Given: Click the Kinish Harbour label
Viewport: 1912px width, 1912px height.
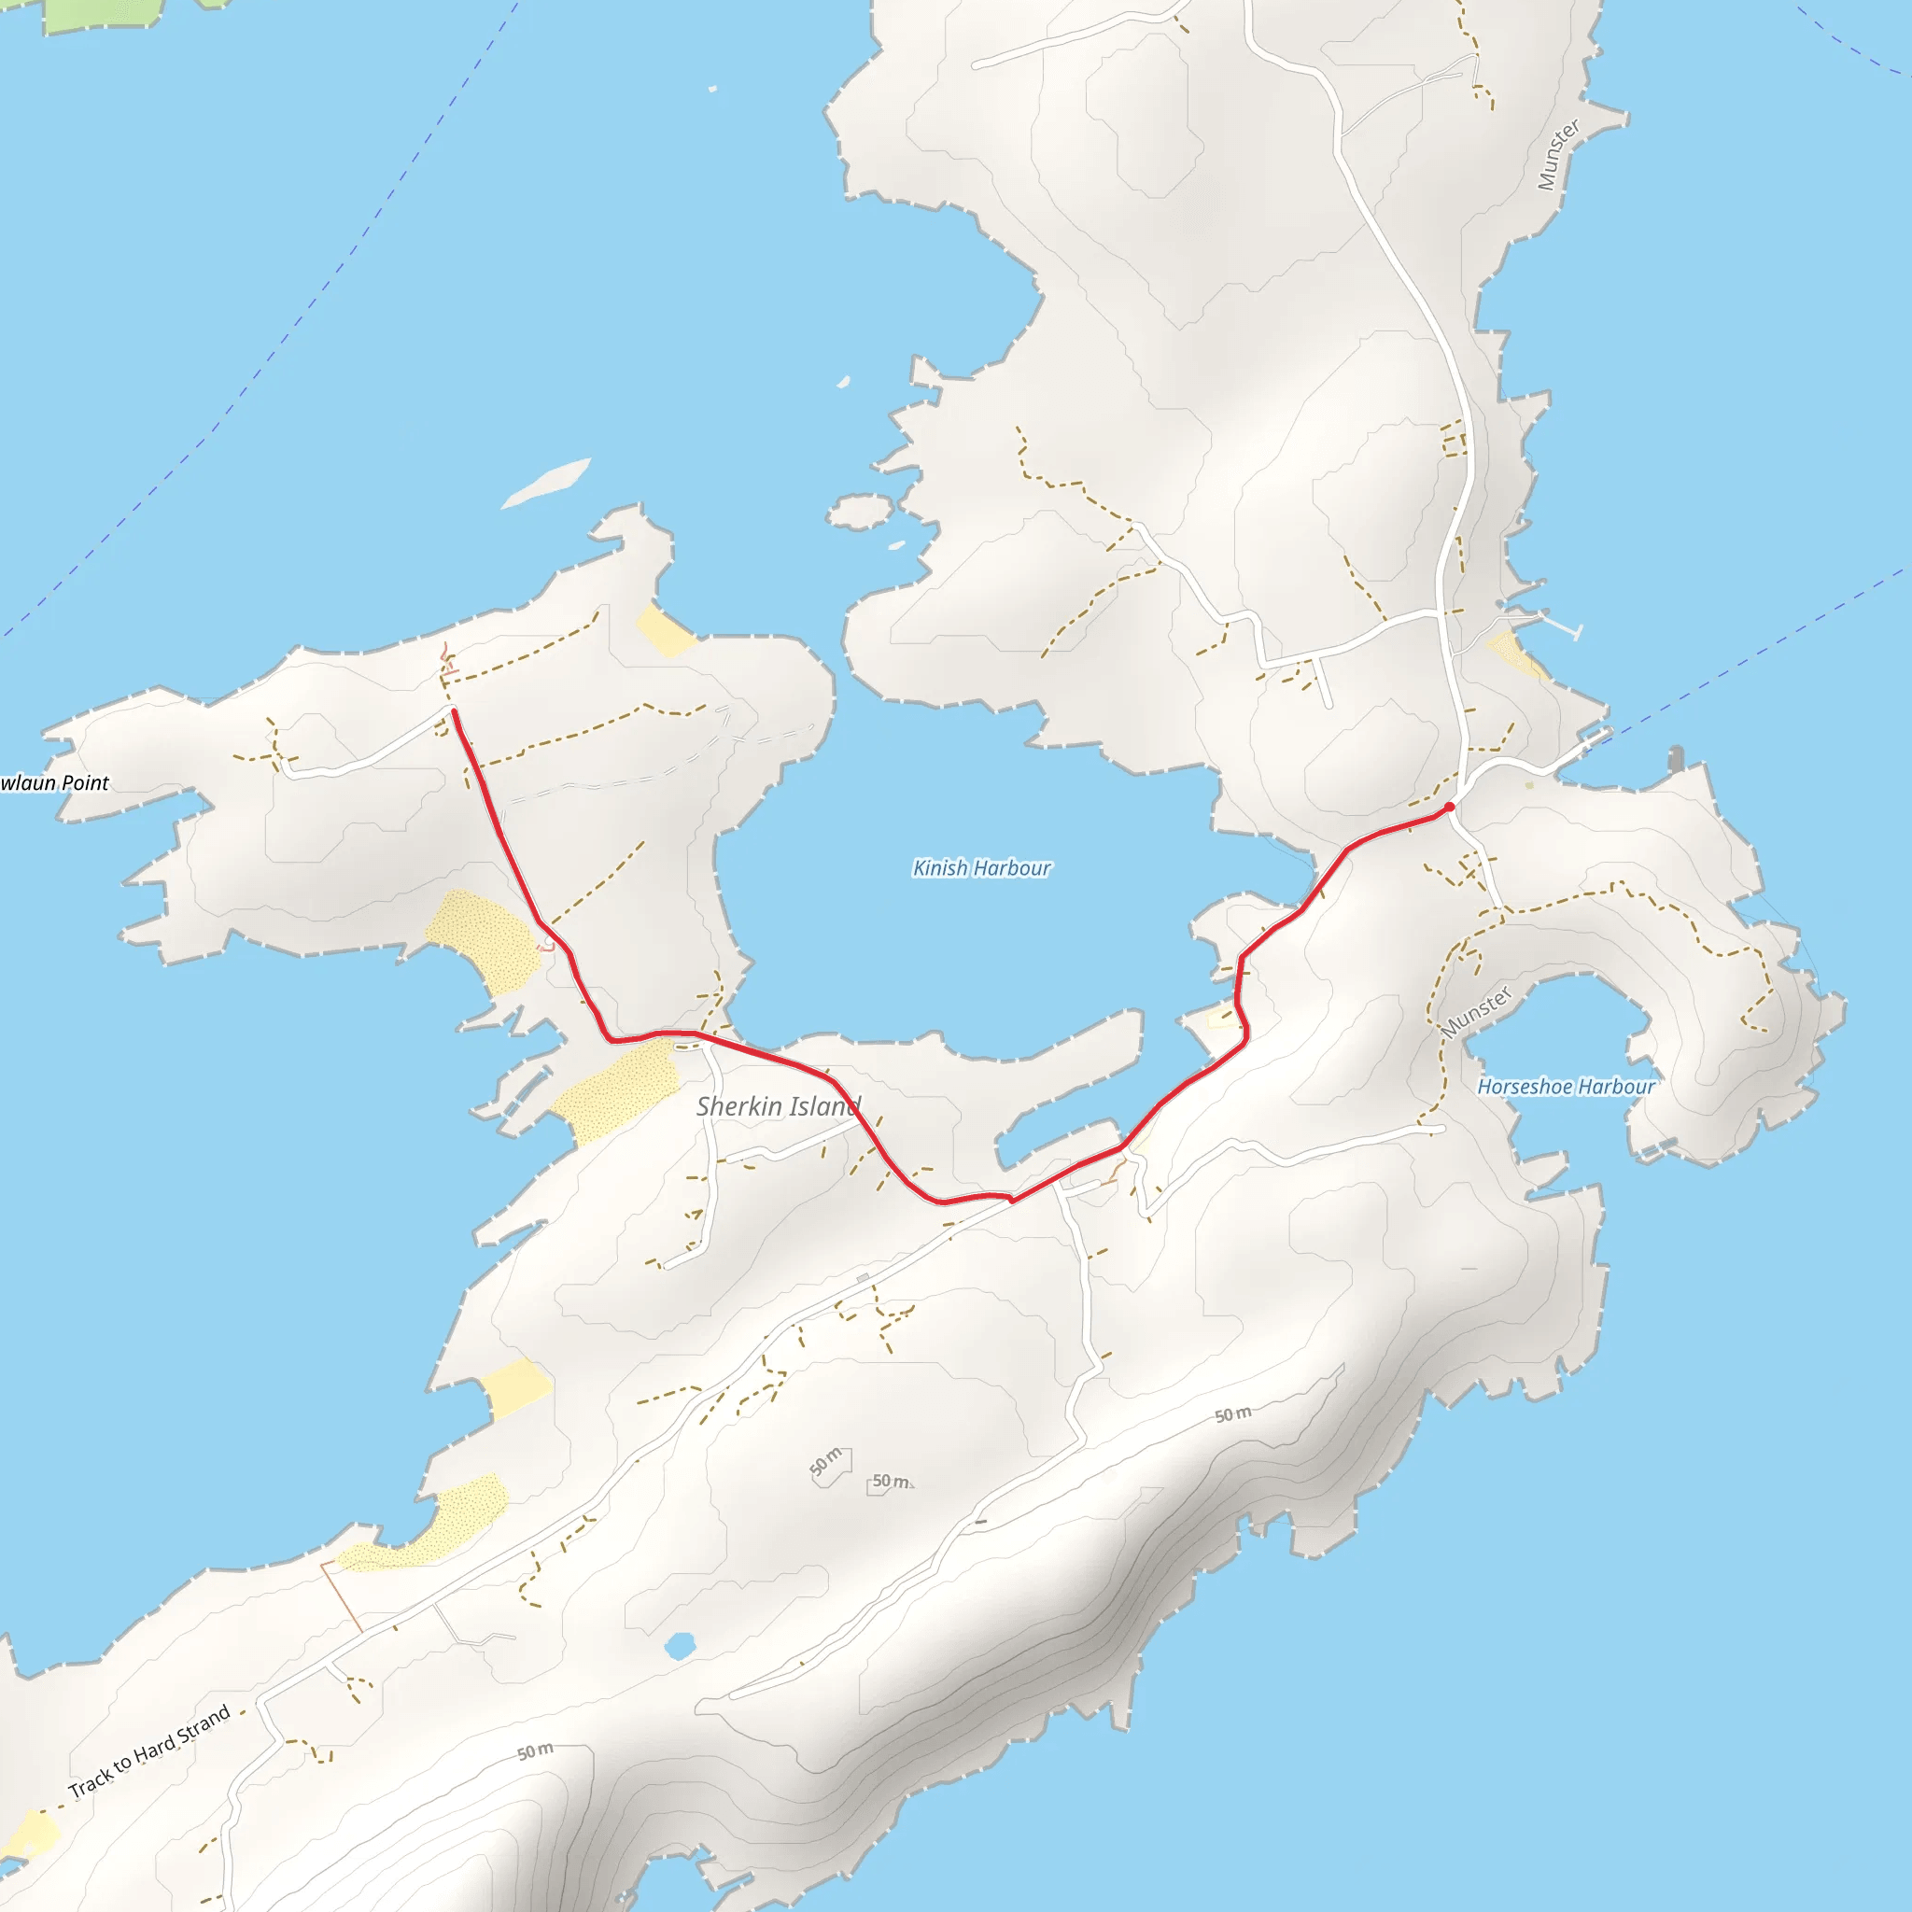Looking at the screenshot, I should (x=981, y=868).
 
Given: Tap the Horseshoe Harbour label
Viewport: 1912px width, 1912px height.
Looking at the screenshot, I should (x=1566, y=1087).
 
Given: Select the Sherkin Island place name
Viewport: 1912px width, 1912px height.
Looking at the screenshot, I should (x=778, y=1106).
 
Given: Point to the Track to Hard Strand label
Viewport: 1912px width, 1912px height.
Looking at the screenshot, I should (x=149, y=1750).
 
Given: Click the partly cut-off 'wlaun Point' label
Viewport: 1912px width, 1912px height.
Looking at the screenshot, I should (x=54, y=782).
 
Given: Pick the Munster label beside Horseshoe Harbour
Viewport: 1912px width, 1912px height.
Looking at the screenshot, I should (x=1477, y=1011).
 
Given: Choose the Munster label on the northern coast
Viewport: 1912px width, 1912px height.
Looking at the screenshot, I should (x=1559, y=154).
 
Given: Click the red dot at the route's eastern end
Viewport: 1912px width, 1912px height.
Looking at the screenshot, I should (x=1450, y=808).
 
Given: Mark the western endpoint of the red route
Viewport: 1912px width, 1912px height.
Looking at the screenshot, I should (x=453, y=711).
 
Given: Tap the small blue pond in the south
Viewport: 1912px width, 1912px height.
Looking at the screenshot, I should (x=679, y=1646).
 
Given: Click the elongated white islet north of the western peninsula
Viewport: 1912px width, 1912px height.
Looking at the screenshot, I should (x=546, y=483).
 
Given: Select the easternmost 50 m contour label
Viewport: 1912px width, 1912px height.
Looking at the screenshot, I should (x=1233, y=1414).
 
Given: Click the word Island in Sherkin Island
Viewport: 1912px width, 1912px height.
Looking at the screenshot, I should (x=824, y=1106).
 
